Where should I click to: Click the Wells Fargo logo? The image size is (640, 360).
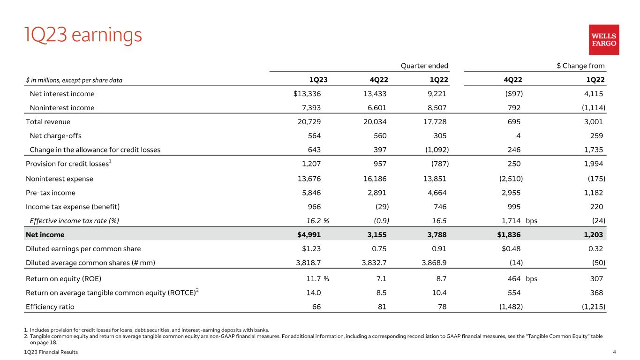[x=604, y=39]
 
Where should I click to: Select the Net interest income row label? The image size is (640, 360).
[x=62, y=94]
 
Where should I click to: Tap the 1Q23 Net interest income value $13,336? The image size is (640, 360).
[x=307, y=94]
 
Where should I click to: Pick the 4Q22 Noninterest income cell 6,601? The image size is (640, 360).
[x=375, y=108]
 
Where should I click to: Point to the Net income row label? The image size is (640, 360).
[x=45, y=234]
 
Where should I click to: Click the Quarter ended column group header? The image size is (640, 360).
[x=425, y=66]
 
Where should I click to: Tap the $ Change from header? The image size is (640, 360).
[x=580, y=66]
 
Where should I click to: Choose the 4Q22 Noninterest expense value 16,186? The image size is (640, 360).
[x=375, y=179]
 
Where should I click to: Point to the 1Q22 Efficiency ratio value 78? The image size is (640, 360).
[x=442, y=307]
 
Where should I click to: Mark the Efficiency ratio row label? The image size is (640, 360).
[x=50, y=307]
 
